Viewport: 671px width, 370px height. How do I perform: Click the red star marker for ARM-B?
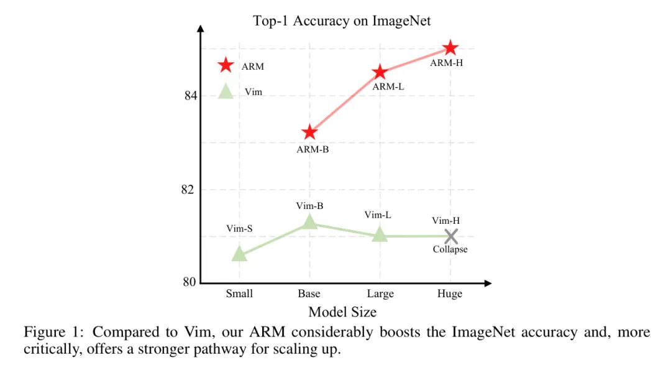point(309,132)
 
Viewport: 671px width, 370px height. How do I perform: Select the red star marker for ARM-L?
point(380,73)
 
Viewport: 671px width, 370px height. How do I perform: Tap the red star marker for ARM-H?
point(450,48)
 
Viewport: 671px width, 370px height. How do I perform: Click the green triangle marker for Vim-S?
point(239,254)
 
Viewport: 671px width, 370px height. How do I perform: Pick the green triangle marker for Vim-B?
point(309,222)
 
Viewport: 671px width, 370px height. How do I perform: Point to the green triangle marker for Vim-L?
point(380,234)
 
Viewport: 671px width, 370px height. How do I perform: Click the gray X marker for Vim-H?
point(450,236)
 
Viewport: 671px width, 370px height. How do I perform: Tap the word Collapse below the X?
point(450,249)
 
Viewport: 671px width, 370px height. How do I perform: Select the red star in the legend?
point(226,65)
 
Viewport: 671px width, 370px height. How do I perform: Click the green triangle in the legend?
point(226,91)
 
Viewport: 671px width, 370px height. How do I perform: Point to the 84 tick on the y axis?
point(189,96)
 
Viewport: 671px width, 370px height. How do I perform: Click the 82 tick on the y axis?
point(189,190)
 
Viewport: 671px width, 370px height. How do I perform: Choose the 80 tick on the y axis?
point(189,282)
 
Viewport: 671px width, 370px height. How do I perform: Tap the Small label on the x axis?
point(239,294)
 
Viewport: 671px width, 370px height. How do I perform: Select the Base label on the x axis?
point(309,294)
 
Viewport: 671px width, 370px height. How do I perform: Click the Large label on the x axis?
point(380,294)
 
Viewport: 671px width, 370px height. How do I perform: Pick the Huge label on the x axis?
point(450,294)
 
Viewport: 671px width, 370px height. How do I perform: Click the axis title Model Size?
point(342,312)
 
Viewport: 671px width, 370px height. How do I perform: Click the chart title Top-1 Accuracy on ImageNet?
point(342,21)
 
